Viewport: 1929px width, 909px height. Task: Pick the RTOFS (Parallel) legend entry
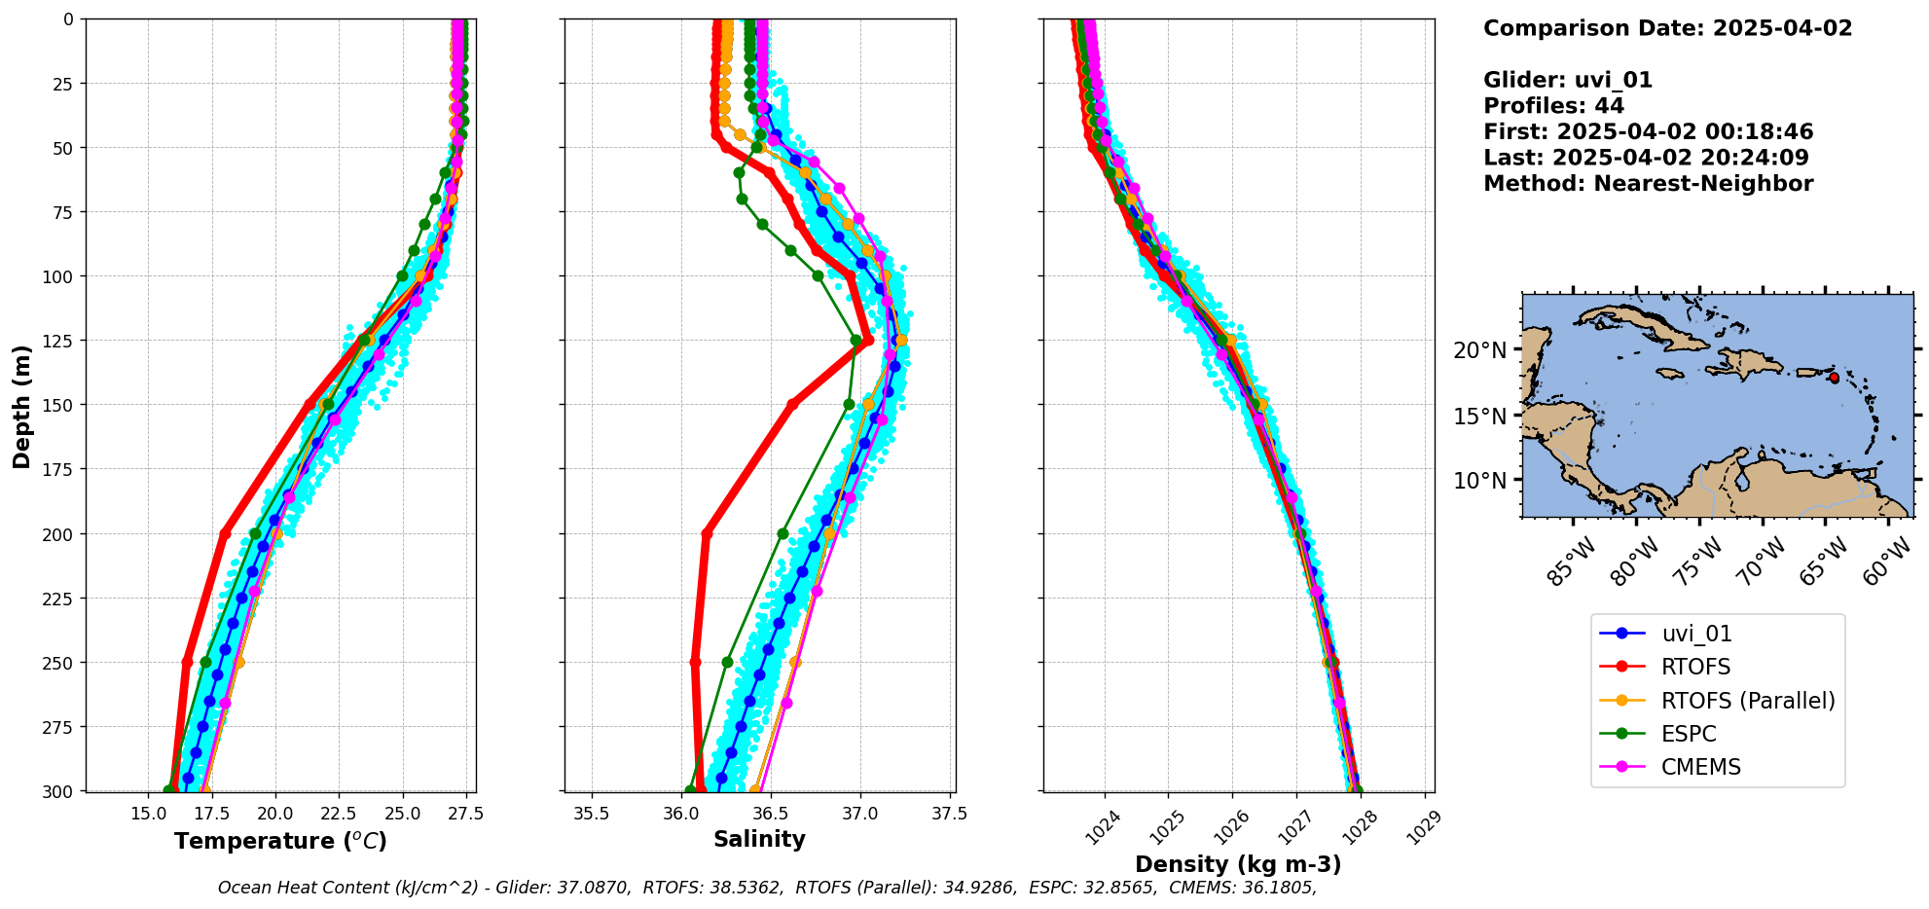[x=1747, y=701]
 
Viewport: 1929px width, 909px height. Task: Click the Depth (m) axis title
[x=22, y=406]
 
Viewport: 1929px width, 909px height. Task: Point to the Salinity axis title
[x=759, y=840]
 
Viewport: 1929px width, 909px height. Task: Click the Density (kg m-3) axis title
[x=1238, y=864]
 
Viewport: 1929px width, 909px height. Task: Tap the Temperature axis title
[x=280, y=841]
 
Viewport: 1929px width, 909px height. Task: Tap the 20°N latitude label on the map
[x=1479, y=350]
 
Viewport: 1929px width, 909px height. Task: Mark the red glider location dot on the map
[x=1834, y=378]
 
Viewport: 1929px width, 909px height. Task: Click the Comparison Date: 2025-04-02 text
[x=1667, y=28]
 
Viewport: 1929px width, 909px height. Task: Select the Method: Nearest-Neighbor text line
[x=1648, y=184]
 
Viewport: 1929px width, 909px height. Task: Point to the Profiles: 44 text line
[x=1553, y=106]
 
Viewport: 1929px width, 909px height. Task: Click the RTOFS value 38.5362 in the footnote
[x=747, y=888]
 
